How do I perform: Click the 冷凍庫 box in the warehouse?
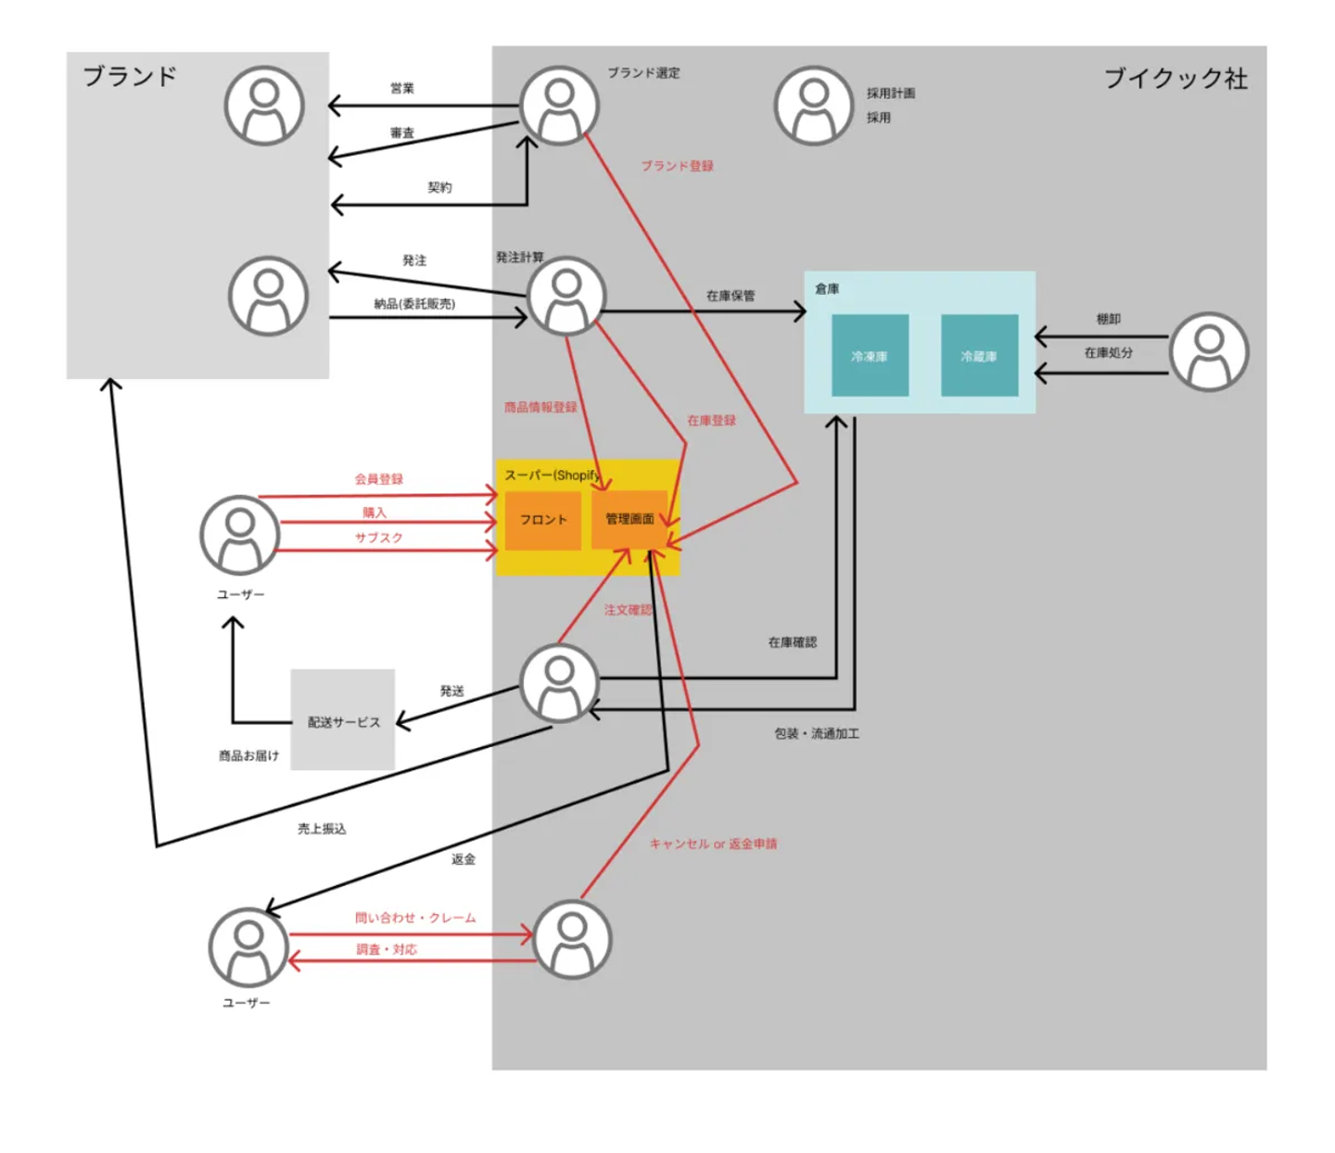[x=870, y=356]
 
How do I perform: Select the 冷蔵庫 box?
[x=979, y=356]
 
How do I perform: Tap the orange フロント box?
[x=543, y=520]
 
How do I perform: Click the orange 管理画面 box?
[x=629, y=519]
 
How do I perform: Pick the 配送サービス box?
[x=343, y=721]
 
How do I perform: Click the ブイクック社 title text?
[x=1176, y=79]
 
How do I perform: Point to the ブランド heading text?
[x=130, y=76]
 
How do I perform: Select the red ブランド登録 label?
[x=678, y=166]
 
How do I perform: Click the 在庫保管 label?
[x=731, y=296]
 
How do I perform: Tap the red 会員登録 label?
[x=378, y=479]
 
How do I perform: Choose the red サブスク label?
[x=378, y=538]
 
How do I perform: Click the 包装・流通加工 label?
[x=817, y=733]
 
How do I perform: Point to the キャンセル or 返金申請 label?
[x=713, y=843]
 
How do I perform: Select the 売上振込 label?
[x=322, y=829]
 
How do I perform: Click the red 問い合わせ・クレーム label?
[x=415, y=918]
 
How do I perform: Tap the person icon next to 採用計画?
[x=813, y=105]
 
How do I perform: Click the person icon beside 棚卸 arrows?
[x=1209, y=351]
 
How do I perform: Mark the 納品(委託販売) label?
[x=414, y=304]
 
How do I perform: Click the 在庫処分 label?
[x=1109, y=352]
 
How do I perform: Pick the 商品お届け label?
[x=248, y=755]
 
